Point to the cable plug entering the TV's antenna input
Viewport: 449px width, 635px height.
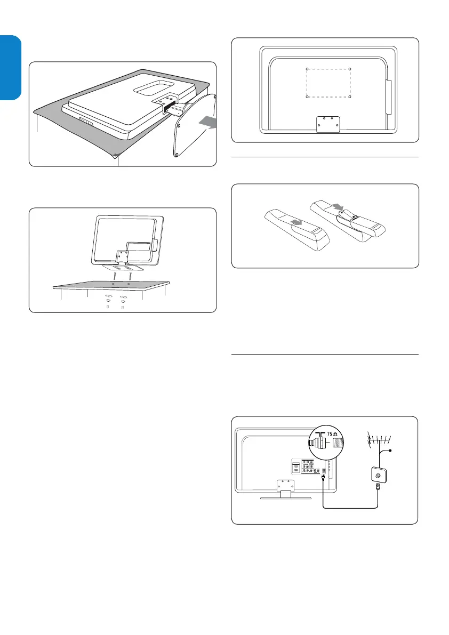323,477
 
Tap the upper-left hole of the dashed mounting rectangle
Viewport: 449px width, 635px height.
308,69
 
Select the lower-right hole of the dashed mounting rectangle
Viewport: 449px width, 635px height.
350,97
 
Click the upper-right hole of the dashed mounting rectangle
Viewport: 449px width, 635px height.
350,69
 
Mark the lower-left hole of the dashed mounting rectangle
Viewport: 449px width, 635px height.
308,97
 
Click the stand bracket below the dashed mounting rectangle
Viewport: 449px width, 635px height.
327,124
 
